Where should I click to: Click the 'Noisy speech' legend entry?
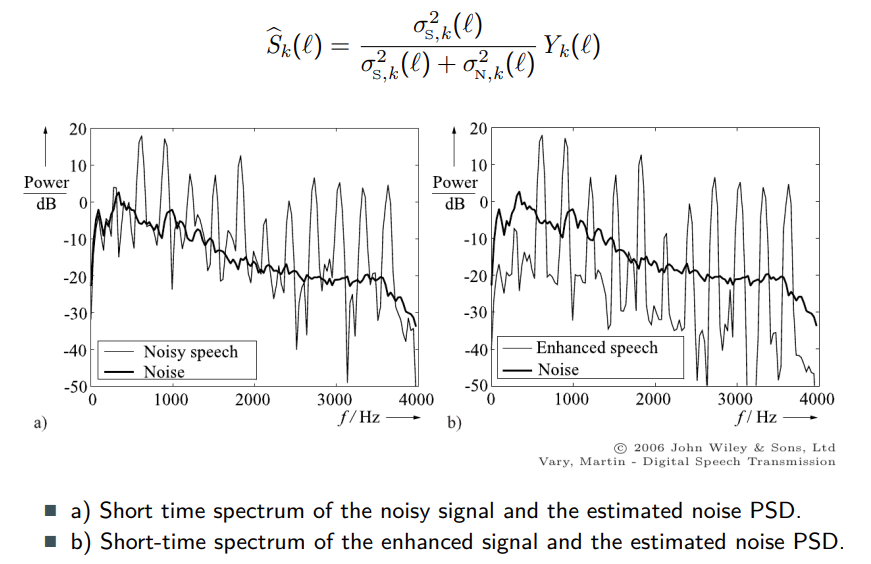[190, 352]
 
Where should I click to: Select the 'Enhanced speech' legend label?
[596, 348]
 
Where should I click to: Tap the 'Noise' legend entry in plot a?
[164, 372]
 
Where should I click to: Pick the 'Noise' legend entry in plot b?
[558, 369]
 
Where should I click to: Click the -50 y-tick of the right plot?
[475, 385]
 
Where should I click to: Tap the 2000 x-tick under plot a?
[253, 400]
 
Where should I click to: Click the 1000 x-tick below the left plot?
[171, 400]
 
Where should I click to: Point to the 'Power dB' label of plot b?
[454, 192]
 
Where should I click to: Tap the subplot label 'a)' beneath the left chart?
[40, 423]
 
